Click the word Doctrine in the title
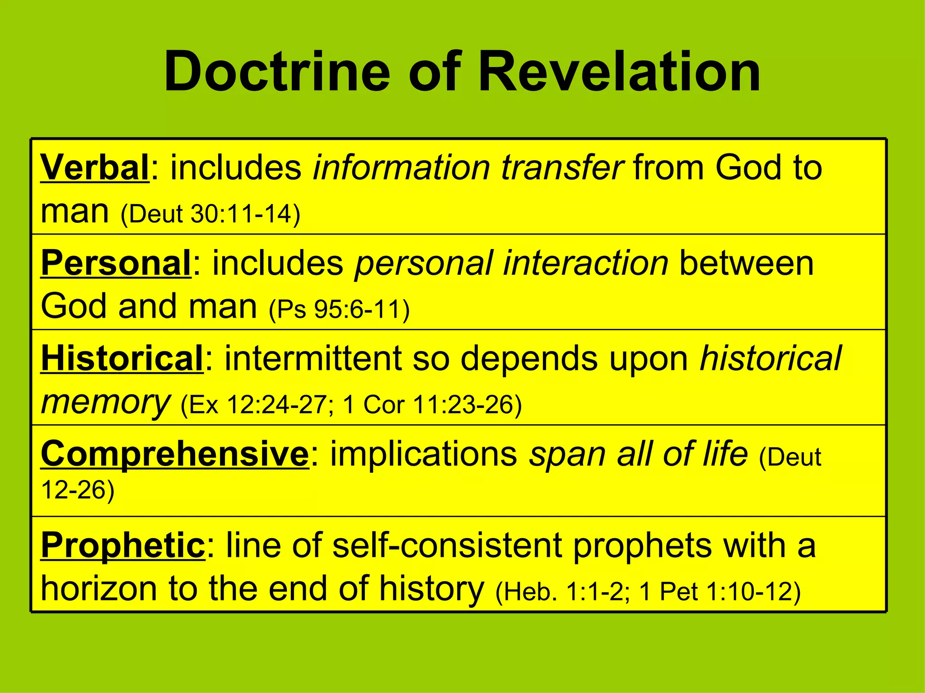pyautogui.click(x=277, y=72)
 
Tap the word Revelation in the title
pyautogui.click(x=619, y=72)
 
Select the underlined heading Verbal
pyautogui.click(x=95, y=168)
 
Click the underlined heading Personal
pyautogui.click(x=116, y=263)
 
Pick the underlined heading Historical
pyautogui.click(x=122, y=359)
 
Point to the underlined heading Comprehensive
pyautogui.click(x=175, y=454)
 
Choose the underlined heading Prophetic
pyautogui.click(x=123, y=545)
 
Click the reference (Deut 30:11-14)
pyautogui.click(x=210, y=214)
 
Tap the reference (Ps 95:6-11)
pyautogui.click(x=339, y=310)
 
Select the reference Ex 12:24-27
pyautogui.click(x=257, y=405)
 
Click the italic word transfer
pyautogui.click(x=562, y=168)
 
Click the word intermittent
pyautogui.click(x=313, y=359)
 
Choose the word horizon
pyautogui.click(x=98, y=589)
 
